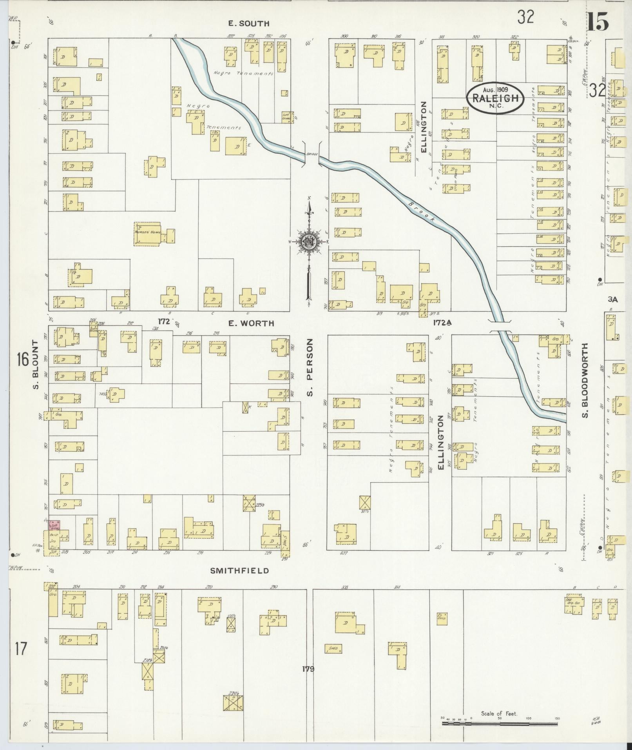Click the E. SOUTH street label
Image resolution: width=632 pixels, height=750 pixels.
(249, 24)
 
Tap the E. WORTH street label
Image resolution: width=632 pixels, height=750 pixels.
(251, 323)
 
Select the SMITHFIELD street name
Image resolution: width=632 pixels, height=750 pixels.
(239, 570)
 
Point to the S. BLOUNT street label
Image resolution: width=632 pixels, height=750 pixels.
(36, 365)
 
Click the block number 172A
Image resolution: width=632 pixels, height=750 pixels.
(442, 322)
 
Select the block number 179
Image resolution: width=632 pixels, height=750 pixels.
(308, 668)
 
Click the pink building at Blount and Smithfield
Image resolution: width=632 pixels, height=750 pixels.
(54, 526)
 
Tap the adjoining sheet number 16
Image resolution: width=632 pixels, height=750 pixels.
(22, 359)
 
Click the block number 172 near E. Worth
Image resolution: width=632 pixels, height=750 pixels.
(164, 321)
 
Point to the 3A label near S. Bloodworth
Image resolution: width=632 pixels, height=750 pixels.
(612, 299)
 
